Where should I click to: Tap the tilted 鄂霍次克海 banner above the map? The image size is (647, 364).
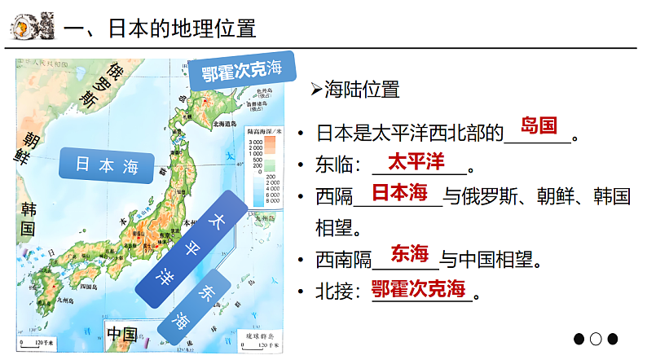(242, 72)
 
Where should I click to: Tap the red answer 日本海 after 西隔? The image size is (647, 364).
(399, 192)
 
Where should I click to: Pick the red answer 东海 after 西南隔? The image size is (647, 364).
(409, 253)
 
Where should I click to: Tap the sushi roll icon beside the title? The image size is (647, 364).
(29, 27)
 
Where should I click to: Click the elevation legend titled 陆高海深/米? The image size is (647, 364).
(262, 160)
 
